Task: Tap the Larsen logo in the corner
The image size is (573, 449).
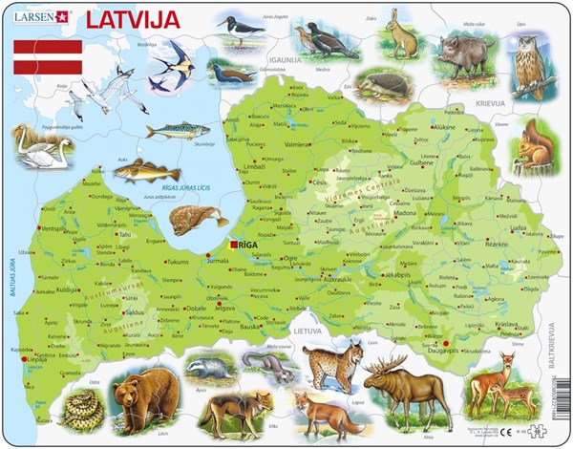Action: click(x=41, y=16)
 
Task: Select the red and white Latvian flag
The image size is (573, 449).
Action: click(x=47, y=57)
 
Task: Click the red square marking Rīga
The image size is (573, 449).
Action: click(x=234, y=245)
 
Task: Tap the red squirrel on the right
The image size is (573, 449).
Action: click(x=534, y=148)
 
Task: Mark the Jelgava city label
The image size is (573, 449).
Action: click(x=225, y=309)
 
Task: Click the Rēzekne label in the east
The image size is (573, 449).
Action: click(x=498, y=245)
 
